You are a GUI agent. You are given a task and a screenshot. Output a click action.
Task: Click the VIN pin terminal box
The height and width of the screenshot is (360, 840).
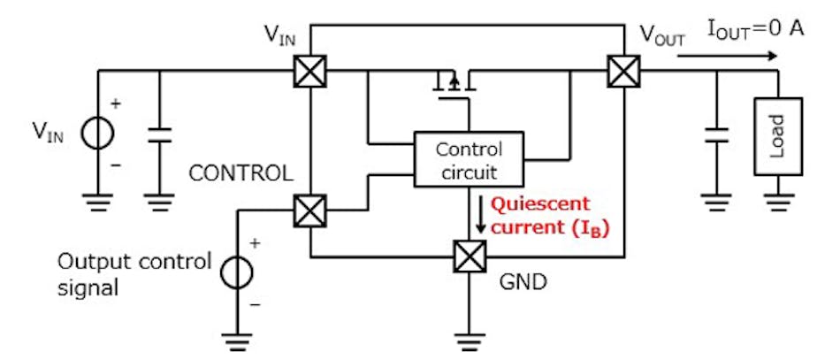[310, 71]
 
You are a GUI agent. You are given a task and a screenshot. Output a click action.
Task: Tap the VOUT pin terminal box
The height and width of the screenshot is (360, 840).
[623, 71]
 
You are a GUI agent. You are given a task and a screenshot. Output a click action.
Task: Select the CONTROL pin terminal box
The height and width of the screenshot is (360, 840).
[310, 211]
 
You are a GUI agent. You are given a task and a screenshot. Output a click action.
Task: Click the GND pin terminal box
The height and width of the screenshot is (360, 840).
[467, 257]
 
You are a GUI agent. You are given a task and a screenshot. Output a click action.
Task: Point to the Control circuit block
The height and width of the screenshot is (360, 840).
[469, 159]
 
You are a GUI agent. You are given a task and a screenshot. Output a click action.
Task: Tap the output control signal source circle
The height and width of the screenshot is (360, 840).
[236, 272]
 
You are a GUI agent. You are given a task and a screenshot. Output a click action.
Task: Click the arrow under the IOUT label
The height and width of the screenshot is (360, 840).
[730, 55]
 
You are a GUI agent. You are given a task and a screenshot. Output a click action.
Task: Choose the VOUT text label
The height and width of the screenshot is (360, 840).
[662, 36]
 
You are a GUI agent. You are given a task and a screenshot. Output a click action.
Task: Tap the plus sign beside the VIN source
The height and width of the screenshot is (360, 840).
[116, 103]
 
